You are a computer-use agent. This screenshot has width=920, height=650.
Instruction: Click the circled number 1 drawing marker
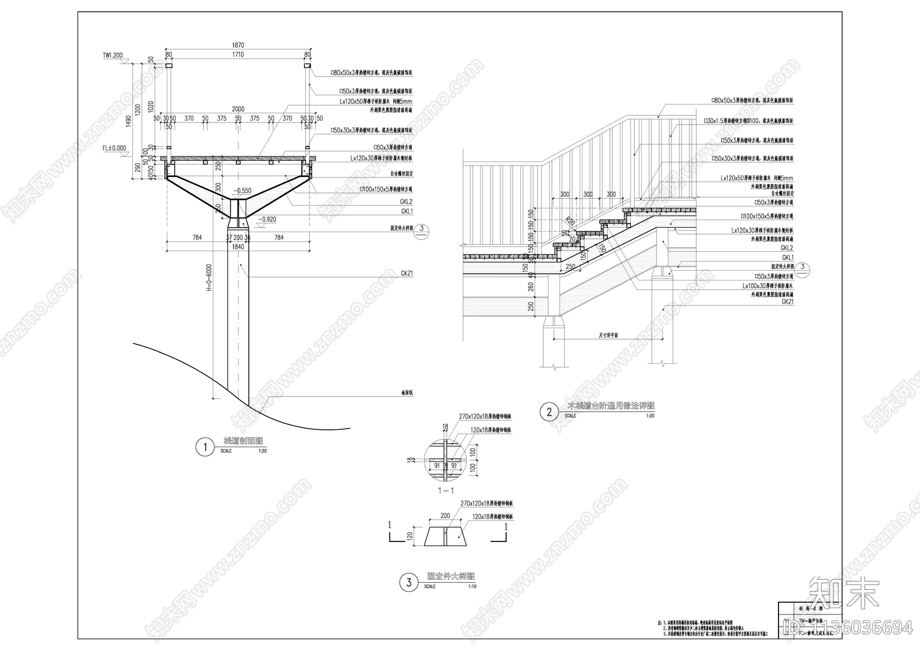pos(204,447)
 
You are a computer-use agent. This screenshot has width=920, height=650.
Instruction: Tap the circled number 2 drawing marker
pos(549,411)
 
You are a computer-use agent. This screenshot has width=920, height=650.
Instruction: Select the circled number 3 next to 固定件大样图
pos(409,583)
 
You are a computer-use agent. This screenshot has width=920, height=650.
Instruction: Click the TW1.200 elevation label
pos(113,56)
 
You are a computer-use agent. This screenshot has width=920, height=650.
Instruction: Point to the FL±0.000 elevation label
pos(114,148)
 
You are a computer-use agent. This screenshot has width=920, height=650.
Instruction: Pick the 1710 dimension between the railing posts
pos(238,55)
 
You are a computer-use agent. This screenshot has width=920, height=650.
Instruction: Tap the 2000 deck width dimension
pos(238,109)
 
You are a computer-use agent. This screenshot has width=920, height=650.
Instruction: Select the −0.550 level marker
pos(243,190)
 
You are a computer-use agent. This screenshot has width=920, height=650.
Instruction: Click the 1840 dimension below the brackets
pos(238,247)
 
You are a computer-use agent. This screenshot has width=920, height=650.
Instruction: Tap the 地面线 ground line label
pos(407,393)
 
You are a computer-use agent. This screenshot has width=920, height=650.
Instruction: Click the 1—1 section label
pos(446,490)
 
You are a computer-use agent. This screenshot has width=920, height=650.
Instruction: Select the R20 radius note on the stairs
pos(570,221)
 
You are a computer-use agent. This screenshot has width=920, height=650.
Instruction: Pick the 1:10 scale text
pos(471,587)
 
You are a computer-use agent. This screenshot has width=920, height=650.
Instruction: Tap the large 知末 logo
pos(844,593)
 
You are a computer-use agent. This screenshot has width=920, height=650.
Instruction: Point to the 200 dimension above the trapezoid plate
pos(445,517)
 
